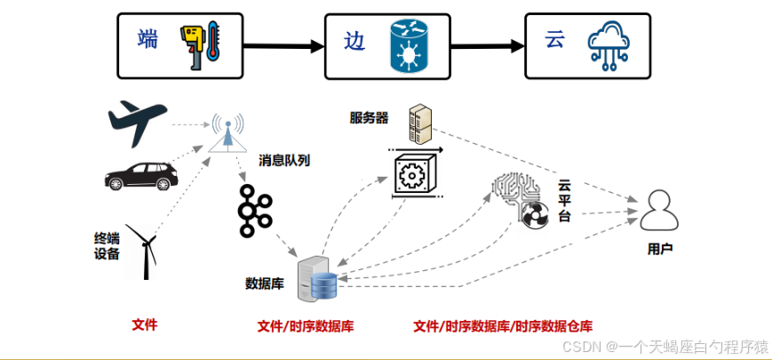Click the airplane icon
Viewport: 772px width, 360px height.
pos(137,124)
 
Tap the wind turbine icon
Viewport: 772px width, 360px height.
pos(140,249)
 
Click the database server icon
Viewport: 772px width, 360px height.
pos(318,278)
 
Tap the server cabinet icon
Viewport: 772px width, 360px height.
pos(418,124)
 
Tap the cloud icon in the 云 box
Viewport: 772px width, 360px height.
pos(611,45)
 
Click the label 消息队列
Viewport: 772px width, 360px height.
pos(284,161)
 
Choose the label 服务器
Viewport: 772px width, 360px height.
pos(369,117)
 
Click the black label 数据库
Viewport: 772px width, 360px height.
pos(264,284)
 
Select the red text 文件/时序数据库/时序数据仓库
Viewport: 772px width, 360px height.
pos(503,326)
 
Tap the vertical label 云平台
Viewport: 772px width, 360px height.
pos(564,201)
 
